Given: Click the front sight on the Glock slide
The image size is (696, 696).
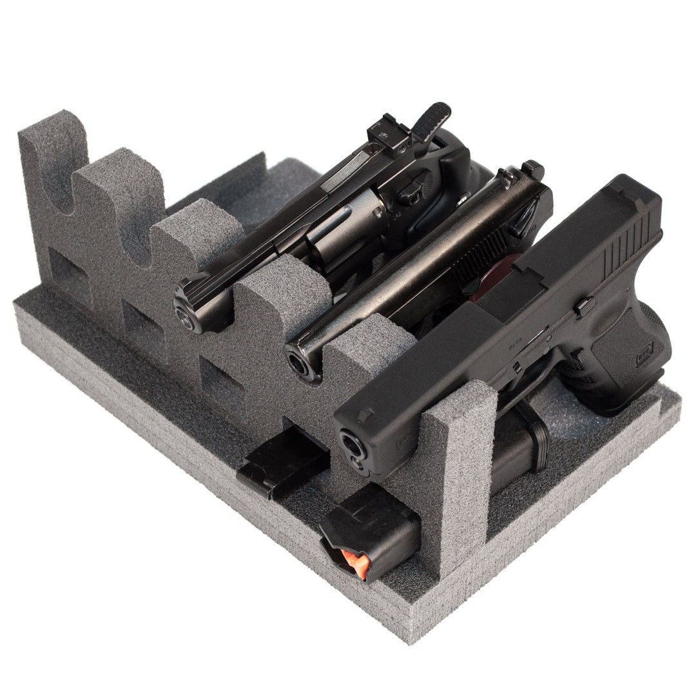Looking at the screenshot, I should [x=365, y=413].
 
